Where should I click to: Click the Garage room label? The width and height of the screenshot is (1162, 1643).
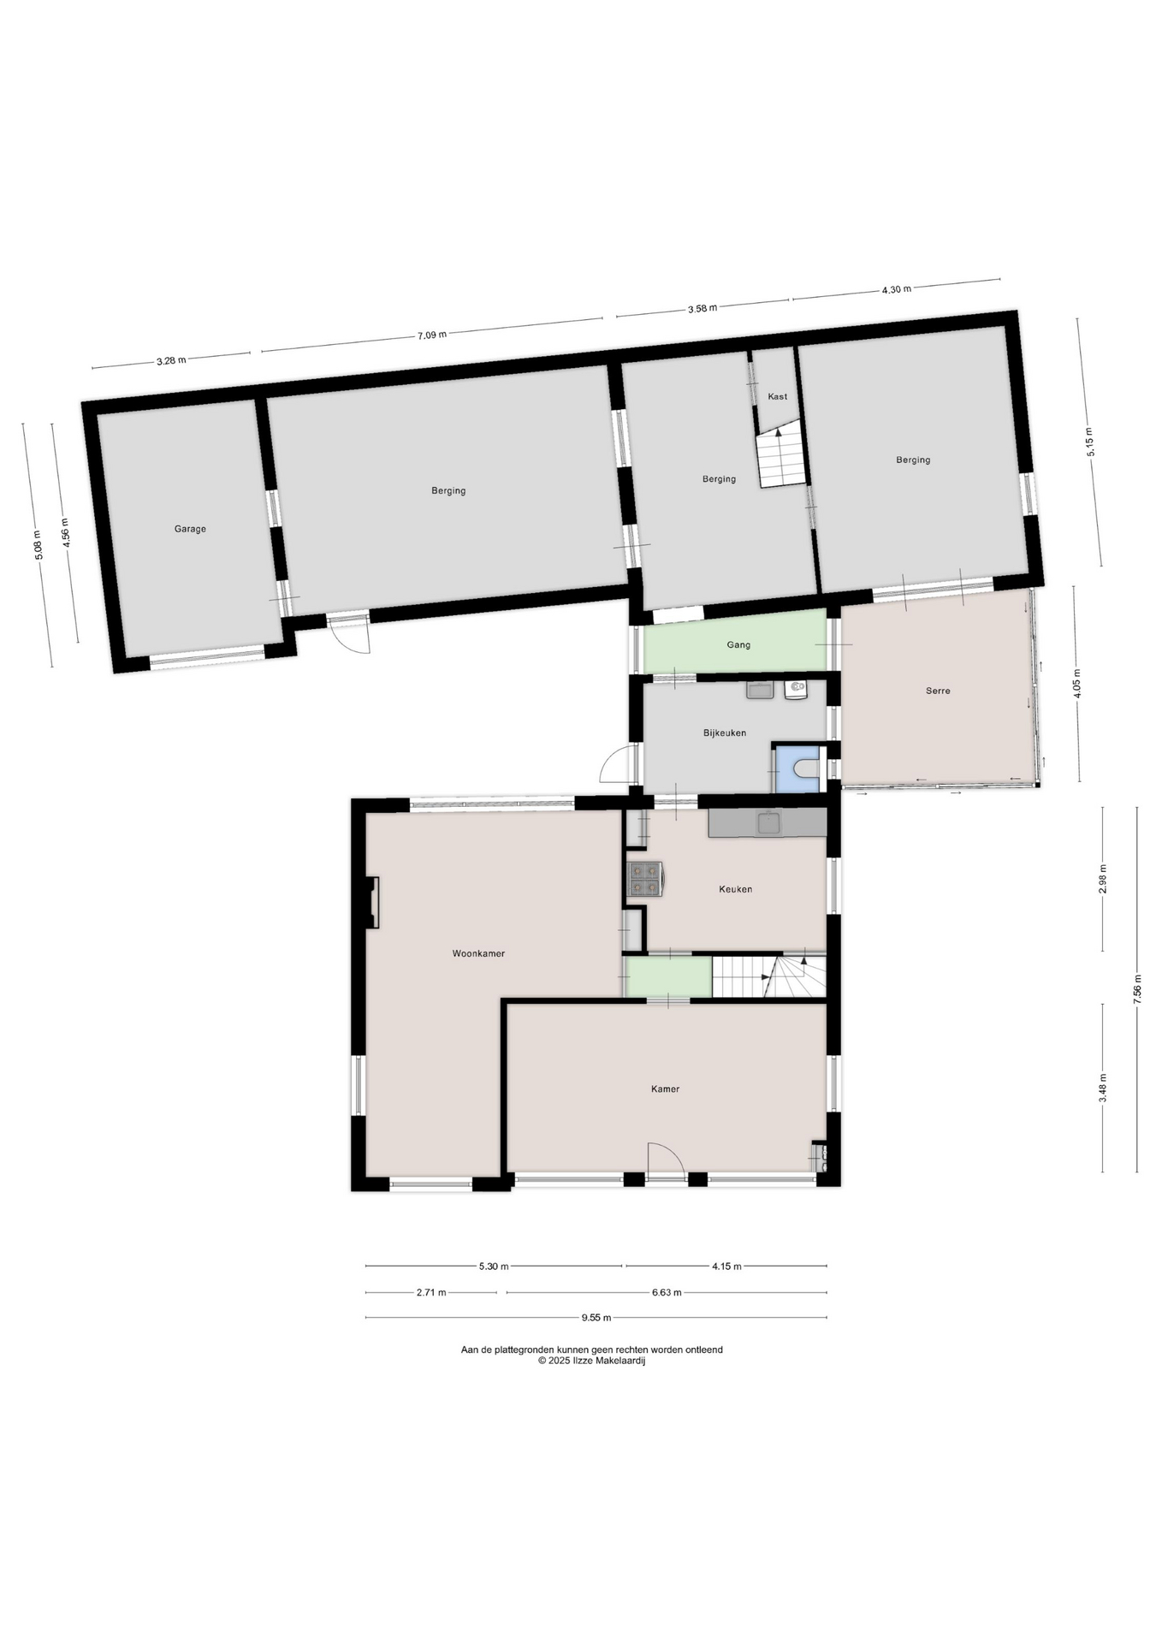point(190,529)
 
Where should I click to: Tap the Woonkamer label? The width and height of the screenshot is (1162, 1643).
point(478,953)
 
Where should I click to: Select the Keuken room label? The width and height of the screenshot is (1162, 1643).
point(735,889)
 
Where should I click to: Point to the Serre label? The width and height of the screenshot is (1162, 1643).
point(938,691)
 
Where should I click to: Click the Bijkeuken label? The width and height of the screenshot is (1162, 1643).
point(725,733)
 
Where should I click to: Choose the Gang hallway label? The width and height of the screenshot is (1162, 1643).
point(738,644)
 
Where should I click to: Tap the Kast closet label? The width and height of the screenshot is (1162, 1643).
point(778,396)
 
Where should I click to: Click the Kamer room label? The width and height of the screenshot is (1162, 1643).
point(665,1088)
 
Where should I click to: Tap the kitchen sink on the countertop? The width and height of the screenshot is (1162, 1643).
point(769,823)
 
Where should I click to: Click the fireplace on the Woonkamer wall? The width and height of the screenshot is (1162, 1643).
point(372,903)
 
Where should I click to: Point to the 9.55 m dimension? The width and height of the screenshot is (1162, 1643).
point(596,1317)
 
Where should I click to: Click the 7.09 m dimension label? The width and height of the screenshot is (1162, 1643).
point(432,335)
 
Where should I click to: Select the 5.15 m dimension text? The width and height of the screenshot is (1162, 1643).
point(1090,442)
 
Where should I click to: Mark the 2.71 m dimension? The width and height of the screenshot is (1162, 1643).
point(431,1292)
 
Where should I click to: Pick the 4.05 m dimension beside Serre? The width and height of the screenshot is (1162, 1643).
point(1076,684)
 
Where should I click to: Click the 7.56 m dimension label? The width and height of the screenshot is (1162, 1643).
point(1137,990)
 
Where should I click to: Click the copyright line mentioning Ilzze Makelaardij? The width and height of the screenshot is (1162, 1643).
point(591,1361)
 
